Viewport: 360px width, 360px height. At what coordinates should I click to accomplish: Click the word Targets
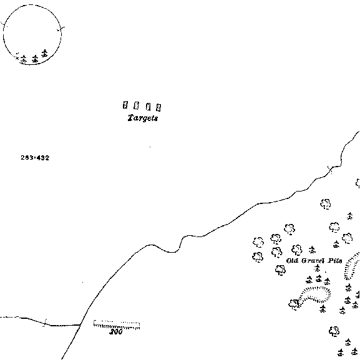pyautogui.click(x=143, y=118)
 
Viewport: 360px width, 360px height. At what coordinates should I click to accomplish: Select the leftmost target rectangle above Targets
pyautogui.click(x=125, y=105)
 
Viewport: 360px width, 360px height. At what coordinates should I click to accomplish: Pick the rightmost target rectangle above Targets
pyautogui.click(x=158, y=107)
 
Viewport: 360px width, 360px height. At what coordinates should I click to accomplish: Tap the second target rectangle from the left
pyautogui.click(x=137, y=105)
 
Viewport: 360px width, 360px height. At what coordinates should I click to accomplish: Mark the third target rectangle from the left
pyautogui.click(x=148, y=107)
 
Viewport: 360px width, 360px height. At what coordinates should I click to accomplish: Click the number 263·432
pyautogui.click(x=35, y=158)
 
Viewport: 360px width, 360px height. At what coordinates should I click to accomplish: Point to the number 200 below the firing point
pyautogui.click(x=116, y=332)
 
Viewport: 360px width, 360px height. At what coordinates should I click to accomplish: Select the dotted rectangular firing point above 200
pyautogui.click(x=117, y=324)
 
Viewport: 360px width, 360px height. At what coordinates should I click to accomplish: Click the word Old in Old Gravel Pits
pyautogui.click(x=292, y=261)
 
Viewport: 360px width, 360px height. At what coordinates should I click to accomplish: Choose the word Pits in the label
pyautogui.click(x=335, y=261)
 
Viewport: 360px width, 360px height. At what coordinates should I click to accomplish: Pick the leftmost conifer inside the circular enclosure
pyautogui.click(x=24, y=59)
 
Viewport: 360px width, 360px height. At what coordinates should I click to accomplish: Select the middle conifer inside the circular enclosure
pyautogui.click(x=35, y=59)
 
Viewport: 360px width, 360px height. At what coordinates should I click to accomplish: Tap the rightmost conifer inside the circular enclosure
pyautogui.click(x=45, y=53)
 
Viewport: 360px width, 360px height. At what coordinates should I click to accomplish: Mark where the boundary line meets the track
pyautogui.click(x=80, y=325)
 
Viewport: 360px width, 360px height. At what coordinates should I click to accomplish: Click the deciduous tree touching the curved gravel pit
pyautogui.click(x=294, y=304)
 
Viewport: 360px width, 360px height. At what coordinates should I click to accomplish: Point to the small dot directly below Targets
pyautogui.click(x=150, y=147)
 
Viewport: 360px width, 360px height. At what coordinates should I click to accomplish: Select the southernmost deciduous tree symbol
pyautogui.click(x=334, y=331)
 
